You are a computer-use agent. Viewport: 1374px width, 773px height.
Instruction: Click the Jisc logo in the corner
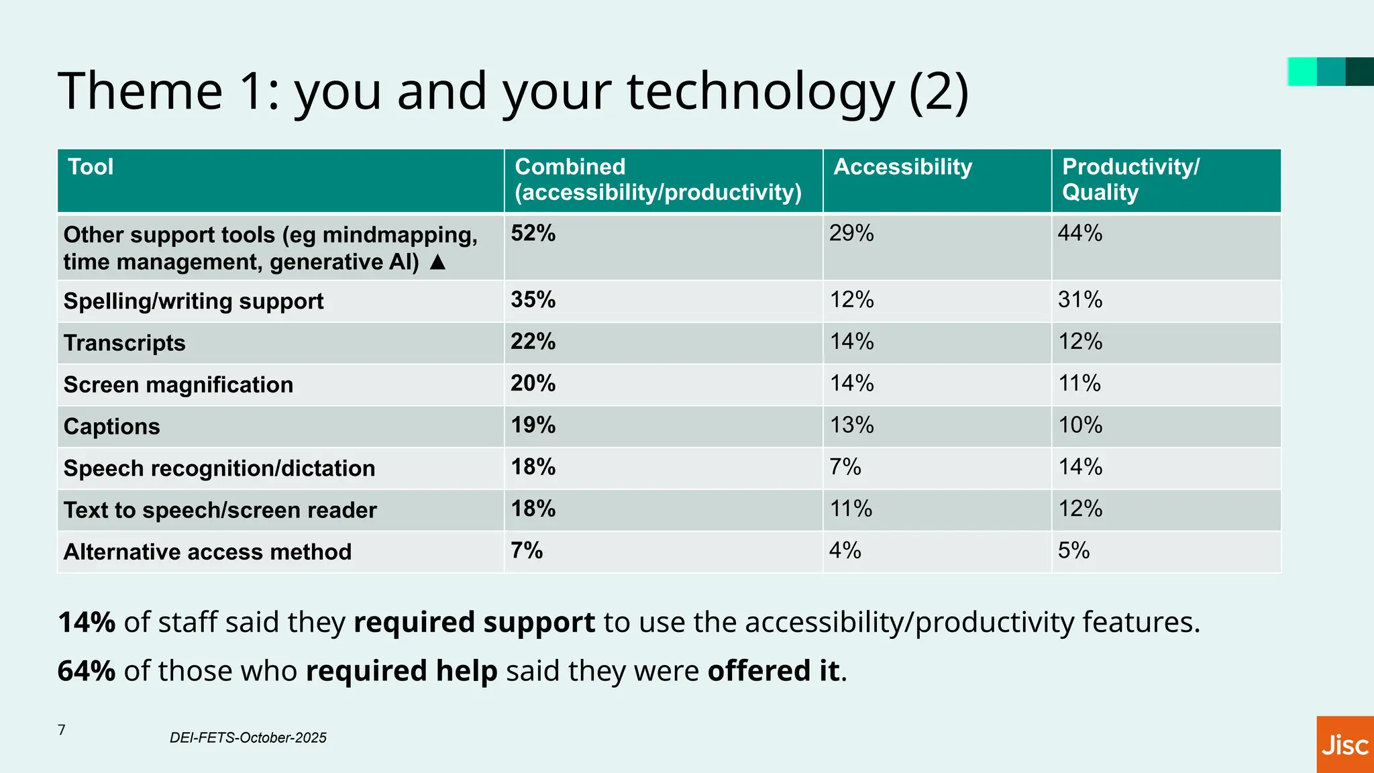pos(1344,745)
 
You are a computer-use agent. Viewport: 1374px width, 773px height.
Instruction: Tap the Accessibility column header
pos(902,167)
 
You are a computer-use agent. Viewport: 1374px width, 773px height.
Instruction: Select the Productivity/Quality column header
pos(1130,179)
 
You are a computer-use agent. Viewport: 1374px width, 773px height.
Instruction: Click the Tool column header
pos(91,167)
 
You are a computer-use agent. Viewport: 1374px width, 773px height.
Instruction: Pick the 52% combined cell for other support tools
pos(533,234)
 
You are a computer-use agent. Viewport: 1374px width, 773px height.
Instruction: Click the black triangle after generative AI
pos(437,262)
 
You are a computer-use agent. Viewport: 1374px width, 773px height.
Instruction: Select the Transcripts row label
pos(124,343)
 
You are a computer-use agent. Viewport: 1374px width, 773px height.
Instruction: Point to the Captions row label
pos(111,427)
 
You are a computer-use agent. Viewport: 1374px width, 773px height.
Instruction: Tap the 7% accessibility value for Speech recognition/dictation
pos(845,467)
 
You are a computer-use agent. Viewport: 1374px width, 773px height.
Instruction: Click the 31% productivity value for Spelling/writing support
pos(1080,299)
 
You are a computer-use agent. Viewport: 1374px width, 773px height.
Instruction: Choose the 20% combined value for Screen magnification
pos(533,384)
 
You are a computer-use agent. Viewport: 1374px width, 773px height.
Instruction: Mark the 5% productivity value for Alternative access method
pos(1073,551)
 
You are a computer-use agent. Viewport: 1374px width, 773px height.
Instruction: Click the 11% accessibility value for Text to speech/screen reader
pos(851,509)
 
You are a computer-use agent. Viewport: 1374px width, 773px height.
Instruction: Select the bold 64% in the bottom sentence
pos(87,671)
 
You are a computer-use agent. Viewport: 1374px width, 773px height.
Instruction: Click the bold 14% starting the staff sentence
pos(87,622)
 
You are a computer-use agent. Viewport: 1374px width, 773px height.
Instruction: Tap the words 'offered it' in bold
pos(773,671)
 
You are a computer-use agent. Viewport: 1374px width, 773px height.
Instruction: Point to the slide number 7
pos(62,730)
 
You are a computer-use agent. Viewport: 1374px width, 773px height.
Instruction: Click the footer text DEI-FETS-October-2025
pos(248,738)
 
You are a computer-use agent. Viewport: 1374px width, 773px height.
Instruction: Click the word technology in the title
pos(761,92)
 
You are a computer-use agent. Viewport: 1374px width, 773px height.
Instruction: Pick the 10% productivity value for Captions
pos(1080,425)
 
